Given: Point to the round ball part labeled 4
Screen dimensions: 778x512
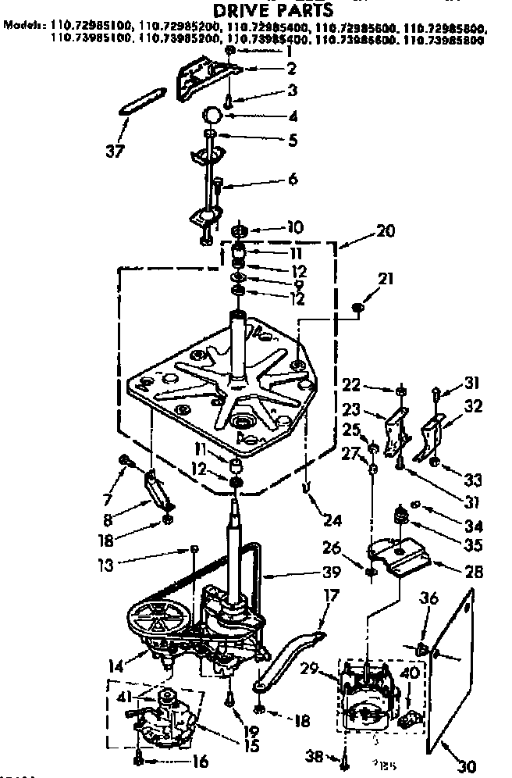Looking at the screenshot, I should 212,115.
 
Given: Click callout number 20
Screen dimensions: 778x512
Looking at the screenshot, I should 385,231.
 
